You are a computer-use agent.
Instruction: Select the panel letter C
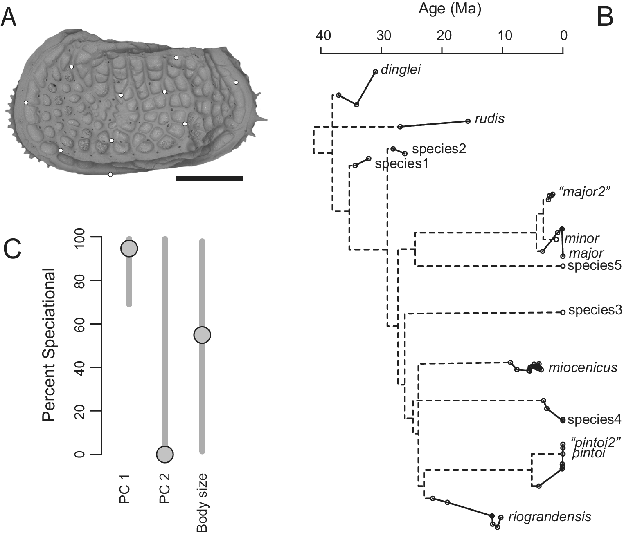[x=12, y=249]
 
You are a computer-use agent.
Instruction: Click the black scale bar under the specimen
[x=210, y=178]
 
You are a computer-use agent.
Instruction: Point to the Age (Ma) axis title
[x=450, y=9]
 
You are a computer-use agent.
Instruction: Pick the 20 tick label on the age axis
[x=444, y=36]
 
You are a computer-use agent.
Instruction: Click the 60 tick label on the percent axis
[x=80, y=324]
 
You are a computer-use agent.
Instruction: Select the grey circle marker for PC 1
[x=129, y=249]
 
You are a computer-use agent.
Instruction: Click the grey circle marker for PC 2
[x=165, y=454]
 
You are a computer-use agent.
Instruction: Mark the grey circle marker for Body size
[x=202, y=335]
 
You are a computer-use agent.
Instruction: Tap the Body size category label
[x=202, y=502]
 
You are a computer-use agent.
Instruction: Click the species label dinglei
[x=401, y=70]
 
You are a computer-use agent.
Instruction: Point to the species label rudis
[x=489, y=119]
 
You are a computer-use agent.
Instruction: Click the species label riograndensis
[x=550, y=517]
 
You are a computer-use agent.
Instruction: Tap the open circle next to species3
[x=563, y=312]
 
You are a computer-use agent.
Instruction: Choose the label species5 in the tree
[x=595, y=266]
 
